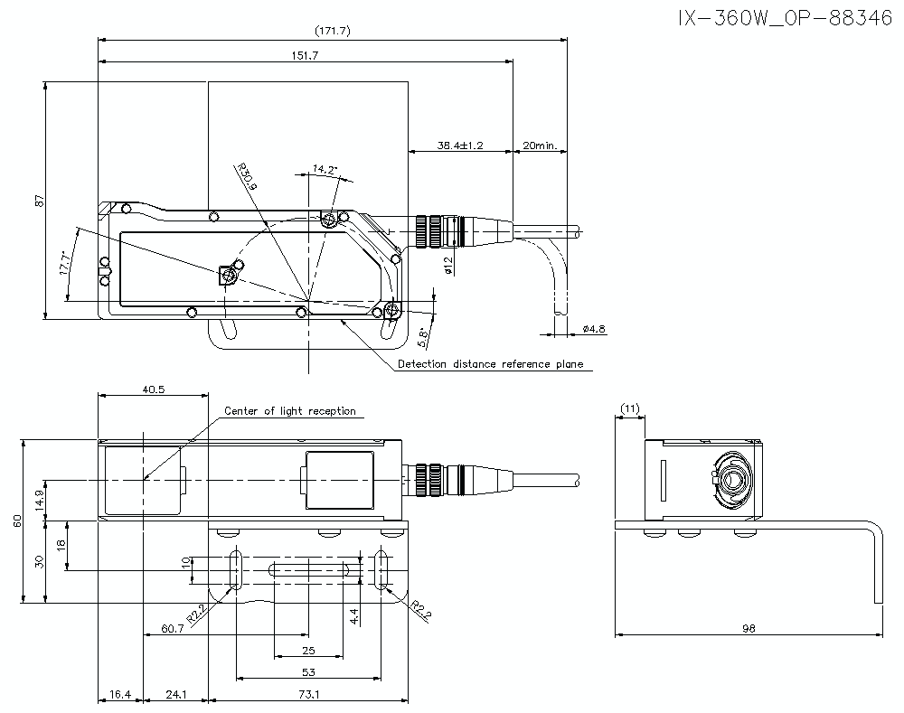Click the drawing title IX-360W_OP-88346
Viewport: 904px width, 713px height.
[786, 19]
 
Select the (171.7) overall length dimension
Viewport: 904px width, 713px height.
[333, 31]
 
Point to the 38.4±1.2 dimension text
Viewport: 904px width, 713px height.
[461, 145]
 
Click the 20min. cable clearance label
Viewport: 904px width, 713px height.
[540, 145]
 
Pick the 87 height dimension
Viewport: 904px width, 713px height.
[39, 201]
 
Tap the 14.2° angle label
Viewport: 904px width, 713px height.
[325, 169]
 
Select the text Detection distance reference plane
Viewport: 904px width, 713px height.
[490, 364]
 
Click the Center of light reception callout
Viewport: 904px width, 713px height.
[289, 411]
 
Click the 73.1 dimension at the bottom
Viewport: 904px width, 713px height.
[307, 694]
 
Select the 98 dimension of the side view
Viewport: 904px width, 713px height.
[749, 628]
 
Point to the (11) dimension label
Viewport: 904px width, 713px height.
[630, 408]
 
